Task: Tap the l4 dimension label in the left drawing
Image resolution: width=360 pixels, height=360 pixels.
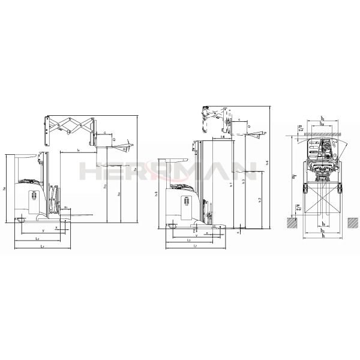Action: (x=79, y=148)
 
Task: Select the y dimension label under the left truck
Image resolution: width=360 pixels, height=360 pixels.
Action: (x=43, y=230)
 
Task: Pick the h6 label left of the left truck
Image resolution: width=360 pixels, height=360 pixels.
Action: (x=5, y=189)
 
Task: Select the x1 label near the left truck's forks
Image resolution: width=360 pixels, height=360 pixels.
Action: (x=65, y=208)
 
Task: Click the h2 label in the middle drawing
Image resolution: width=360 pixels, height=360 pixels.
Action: (x=259, y=199)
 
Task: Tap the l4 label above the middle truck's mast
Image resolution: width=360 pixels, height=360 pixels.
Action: (x=223, y=137)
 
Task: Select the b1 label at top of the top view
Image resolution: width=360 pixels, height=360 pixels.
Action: (x=322, y=119)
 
